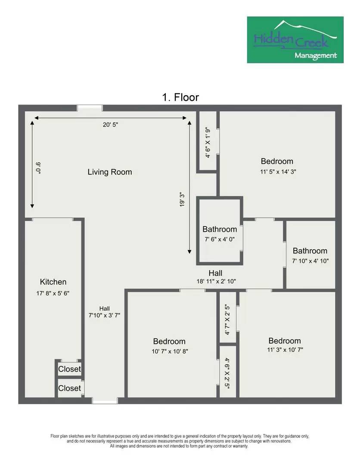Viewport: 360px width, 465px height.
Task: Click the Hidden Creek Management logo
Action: click(x=295, y=40)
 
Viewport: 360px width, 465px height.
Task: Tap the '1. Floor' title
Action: click(x=180, y=97)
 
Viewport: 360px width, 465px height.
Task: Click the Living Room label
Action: click(x=110, y=172)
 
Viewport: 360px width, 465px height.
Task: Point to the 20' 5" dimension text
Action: click(x=110, y=125)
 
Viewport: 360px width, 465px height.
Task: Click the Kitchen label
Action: click(x=53, y=282)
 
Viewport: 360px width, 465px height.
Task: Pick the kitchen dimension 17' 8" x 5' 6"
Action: click(x=53, y=293)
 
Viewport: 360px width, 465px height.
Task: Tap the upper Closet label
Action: click(x=69, y=369)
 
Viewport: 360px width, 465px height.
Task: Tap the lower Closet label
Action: click(x=69, y=388)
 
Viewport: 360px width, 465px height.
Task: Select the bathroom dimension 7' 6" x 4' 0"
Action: click(x=220, y=239)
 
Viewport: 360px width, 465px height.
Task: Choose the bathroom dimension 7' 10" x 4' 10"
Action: click(x=310, y=260)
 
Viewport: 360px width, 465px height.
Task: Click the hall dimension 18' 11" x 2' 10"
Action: click(x=215, y=281)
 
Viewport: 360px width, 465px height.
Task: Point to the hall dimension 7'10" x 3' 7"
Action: click(x=105, y=315)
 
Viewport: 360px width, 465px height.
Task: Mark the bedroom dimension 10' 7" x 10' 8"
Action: click(x=170, y=351)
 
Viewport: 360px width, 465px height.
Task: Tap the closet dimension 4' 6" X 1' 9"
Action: click(x=208, y=143)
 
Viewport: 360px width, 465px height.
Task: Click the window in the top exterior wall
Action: click(x=90, y=108)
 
